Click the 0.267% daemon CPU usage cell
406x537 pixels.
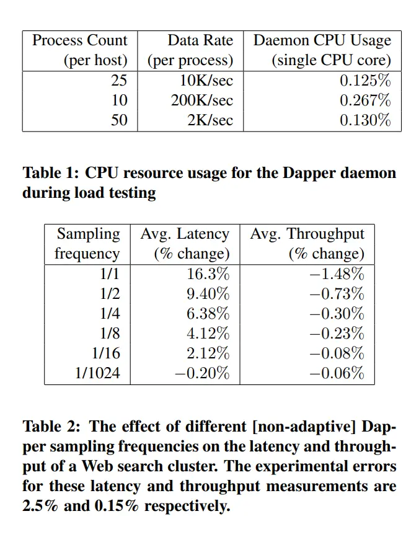pyautogui.click(x=365, y=100)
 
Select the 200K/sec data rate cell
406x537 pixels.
pyautogui.click(x=202, y=100)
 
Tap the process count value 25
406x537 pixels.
pyautogui.click(x=119, y=81)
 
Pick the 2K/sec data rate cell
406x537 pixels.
pyautogui.click(x=210, y=120)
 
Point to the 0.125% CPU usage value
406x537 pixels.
pyautogui.click(x=365, y=81)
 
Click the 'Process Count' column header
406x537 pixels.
pyautogui.click(x=79, y=41)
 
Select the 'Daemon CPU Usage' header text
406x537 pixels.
pyautogui.click(x=322, y=41)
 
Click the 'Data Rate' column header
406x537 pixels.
pyautogui.click(x=200, y=41)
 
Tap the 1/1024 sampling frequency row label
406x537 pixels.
pyautogui.click(x=98, y=373)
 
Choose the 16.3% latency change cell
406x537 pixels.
pyautogui.click(x=208, y=274)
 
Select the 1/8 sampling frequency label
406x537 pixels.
pyautogui.click(x=110, y=333)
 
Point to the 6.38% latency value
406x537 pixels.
pyautogui.click(x=208, y=314)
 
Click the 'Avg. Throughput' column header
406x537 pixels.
pyautogui.click(x=307, y=234)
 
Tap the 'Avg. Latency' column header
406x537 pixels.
pyautogui.click(x=185, y=234)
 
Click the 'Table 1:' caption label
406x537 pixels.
pyautogui.click(x=50, y=172)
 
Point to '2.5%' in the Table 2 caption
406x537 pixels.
pyautogui.click(x=40, y=505)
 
